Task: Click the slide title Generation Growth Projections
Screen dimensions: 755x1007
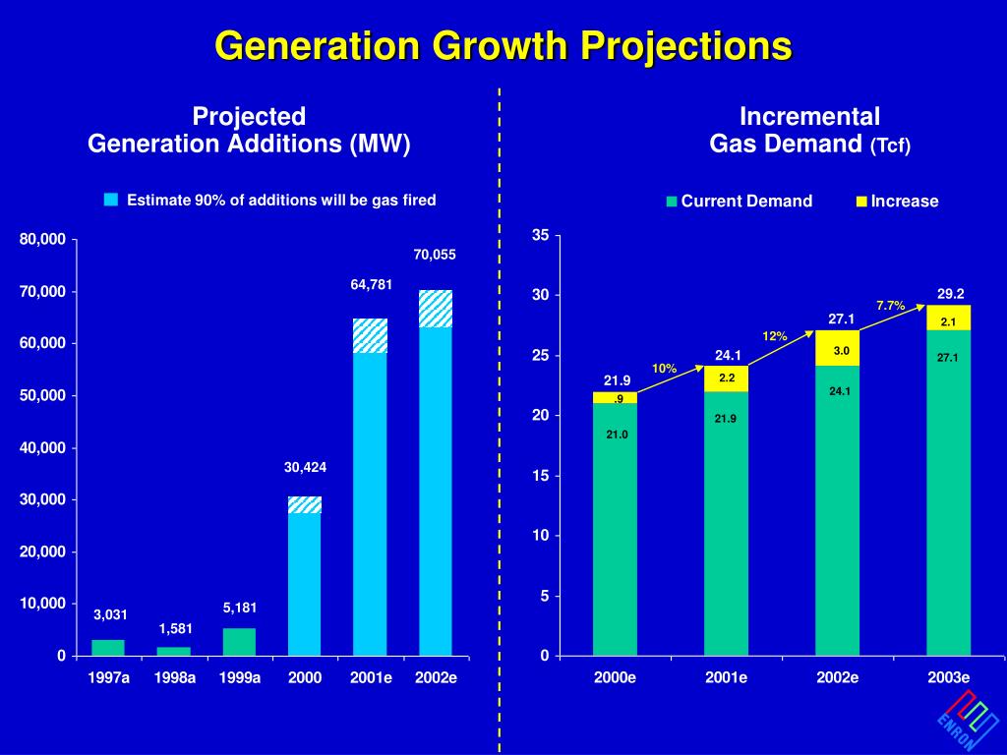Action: (x=503, y=45)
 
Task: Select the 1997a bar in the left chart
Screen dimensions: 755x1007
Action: (x=108, y=647)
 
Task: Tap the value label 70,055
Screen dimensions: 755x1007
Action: (x=435, y=255)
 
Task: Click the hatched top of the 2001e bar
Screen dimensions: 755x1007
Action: (x=370, y=335)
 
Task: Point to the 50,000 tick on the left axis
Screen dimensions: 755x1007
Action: (x=45, y=395)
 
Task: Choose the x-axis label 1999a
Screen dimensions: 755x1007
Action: (x=239, y=678)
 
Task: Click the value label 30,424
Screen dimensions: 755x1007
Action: (x=305, y=468)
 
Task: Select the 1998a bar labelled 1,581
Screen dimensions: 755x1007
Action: (x=174, y=651)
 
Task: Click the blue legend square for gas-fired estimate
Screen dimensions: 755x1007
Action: (x=111, y=200)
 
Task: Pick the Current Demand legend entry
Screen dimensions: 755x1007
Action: (x=740, y=202)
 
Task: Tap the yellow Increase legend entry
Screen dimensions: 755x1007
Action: (x=896, y=202)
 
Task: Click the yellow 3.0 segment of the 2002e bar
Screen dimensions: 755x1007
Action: (x=837, y=349)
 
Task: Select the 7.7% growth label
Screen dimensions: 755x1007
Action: (x=890, y=306)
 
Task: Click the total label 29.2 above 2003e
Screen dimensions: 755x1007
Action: (x=950, y=293)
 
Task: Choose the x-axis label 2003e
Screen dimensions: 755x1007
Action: (x=948, y=678)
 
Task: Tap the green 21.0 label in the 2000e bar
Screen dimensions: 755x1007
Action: (x=617, y=435)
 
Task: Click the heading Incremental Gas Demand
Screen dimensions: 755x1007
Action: (x=810, y=130)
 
